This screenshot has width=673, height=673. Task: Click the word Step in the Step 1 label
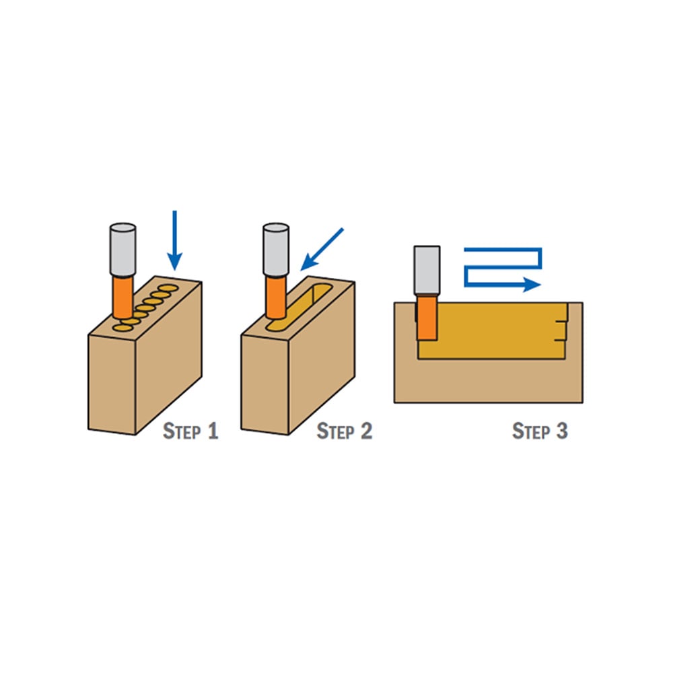pyautogui.click(x=182, y=431)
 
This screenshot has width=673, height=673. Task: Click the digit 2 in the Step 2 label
pyautogui.click(x=366, y=431)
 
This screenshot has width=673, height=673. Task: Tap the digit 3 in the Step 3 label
pyautogui.click(x=562, y=431)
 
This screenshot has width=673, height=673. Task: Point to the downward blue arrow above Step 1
pyautogui.click(x=175, y=240)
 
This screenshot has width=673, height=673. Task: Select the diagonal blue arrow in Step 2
pyautogui.click(x=322, y=250)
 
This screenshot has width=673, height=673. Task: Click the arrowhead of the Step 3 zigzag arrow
pyautogui.click(x=532, y=284)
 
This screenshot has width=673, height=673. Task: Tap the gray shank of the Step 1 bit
pyautogui.click(x=122, y=250)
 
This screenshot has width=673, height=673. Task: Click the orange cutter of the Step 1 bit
pyautogui.click(x=122, y=297)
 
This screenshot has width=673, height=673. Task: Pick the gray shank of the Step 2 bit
pyautogui.click(x=275, y=250)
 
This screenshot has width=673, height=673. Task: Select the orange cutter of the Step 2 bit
pyautogui.click(x=275, y=297)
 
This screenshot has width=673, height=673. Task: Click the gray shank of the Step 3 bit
pyautogui.click(x=427, y=271)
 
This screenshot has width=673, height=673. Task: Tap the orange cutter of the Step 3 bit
pyautogui.click(x=427, y=318)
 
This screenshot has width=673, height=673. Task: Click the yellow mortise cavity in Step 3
pyautogui.click(x=498, y=331)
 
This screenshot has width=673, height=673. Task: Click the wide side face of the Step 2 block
pyautogui.click(x=322, y=358)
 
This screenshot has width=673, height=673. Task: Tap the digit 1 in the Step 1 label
pyautogui.click(x=213, y=431)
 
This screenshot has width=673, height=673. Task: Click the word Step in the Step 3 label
pyautogui.click(x=531, y=431)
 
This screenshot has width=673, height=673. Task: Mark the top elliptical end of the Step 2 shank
pyautogui.click(x=275, y=227)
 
